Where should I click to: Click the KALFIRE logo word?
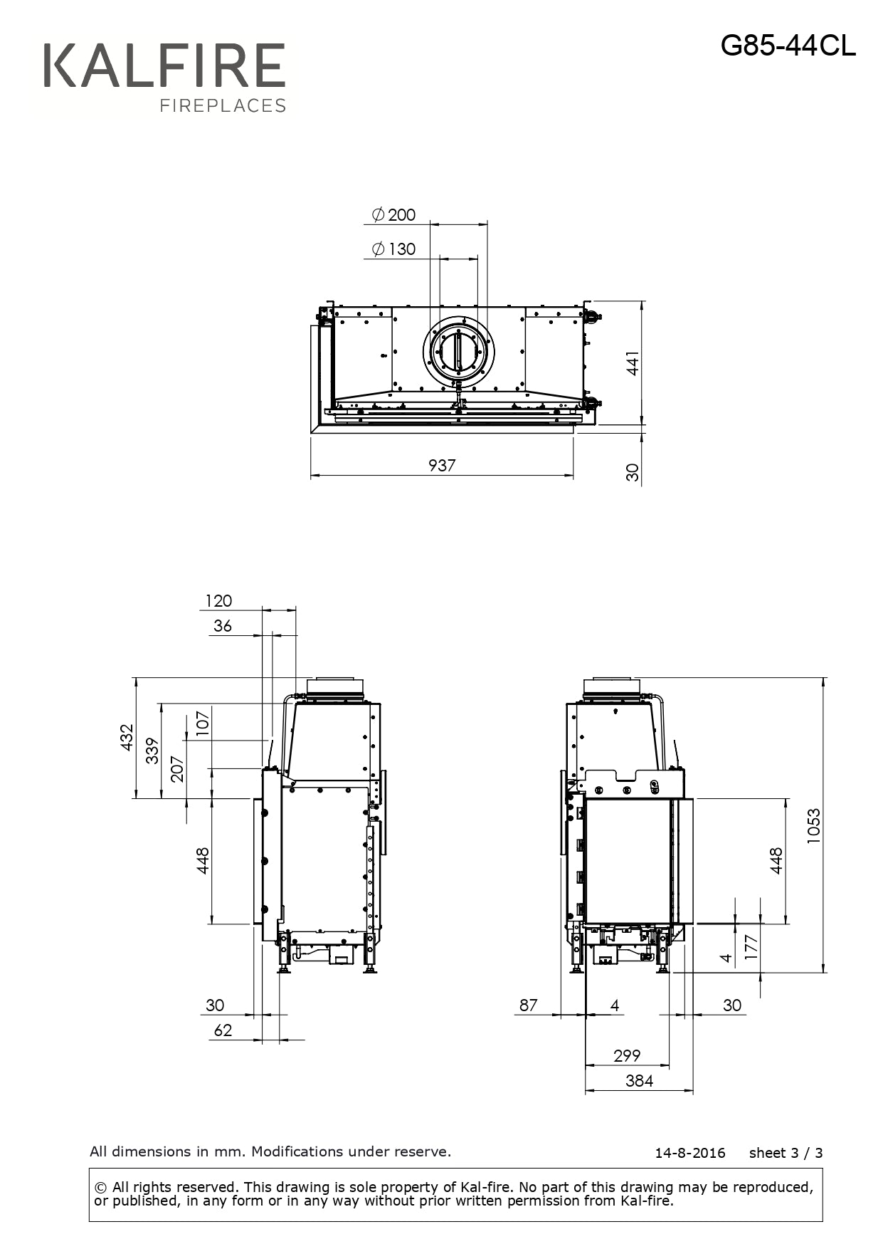coord(164,66)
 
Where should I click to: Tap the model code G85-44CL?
coord(788,46)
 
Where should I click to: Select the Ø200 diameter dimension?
coord(393,214)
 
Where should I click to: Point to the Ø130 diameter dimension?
coord(393,249)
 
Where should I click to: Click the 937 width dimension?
coord(442,465)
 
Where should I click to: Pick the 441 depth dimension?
coord(633,363)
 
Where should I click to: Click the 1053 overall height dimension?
coord(813,826)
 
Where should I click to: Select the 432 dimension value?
coord(127,737)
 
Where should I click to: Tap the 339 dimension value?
coord(152,751)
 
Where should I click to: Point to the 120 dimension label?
coord(218,600)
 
